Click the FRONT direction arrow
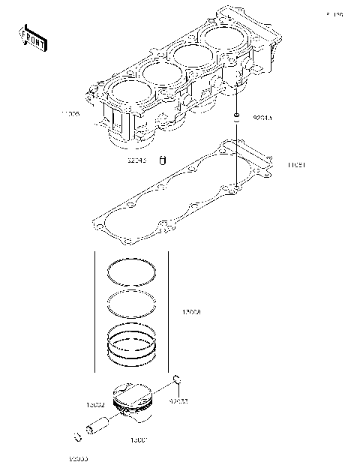33,37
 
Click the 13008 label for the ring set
192,311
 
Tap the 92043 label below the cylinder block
136,159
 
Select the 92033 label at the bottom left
77,457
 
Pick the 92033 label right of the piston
178,401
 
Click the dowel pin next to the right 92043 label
237,117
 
